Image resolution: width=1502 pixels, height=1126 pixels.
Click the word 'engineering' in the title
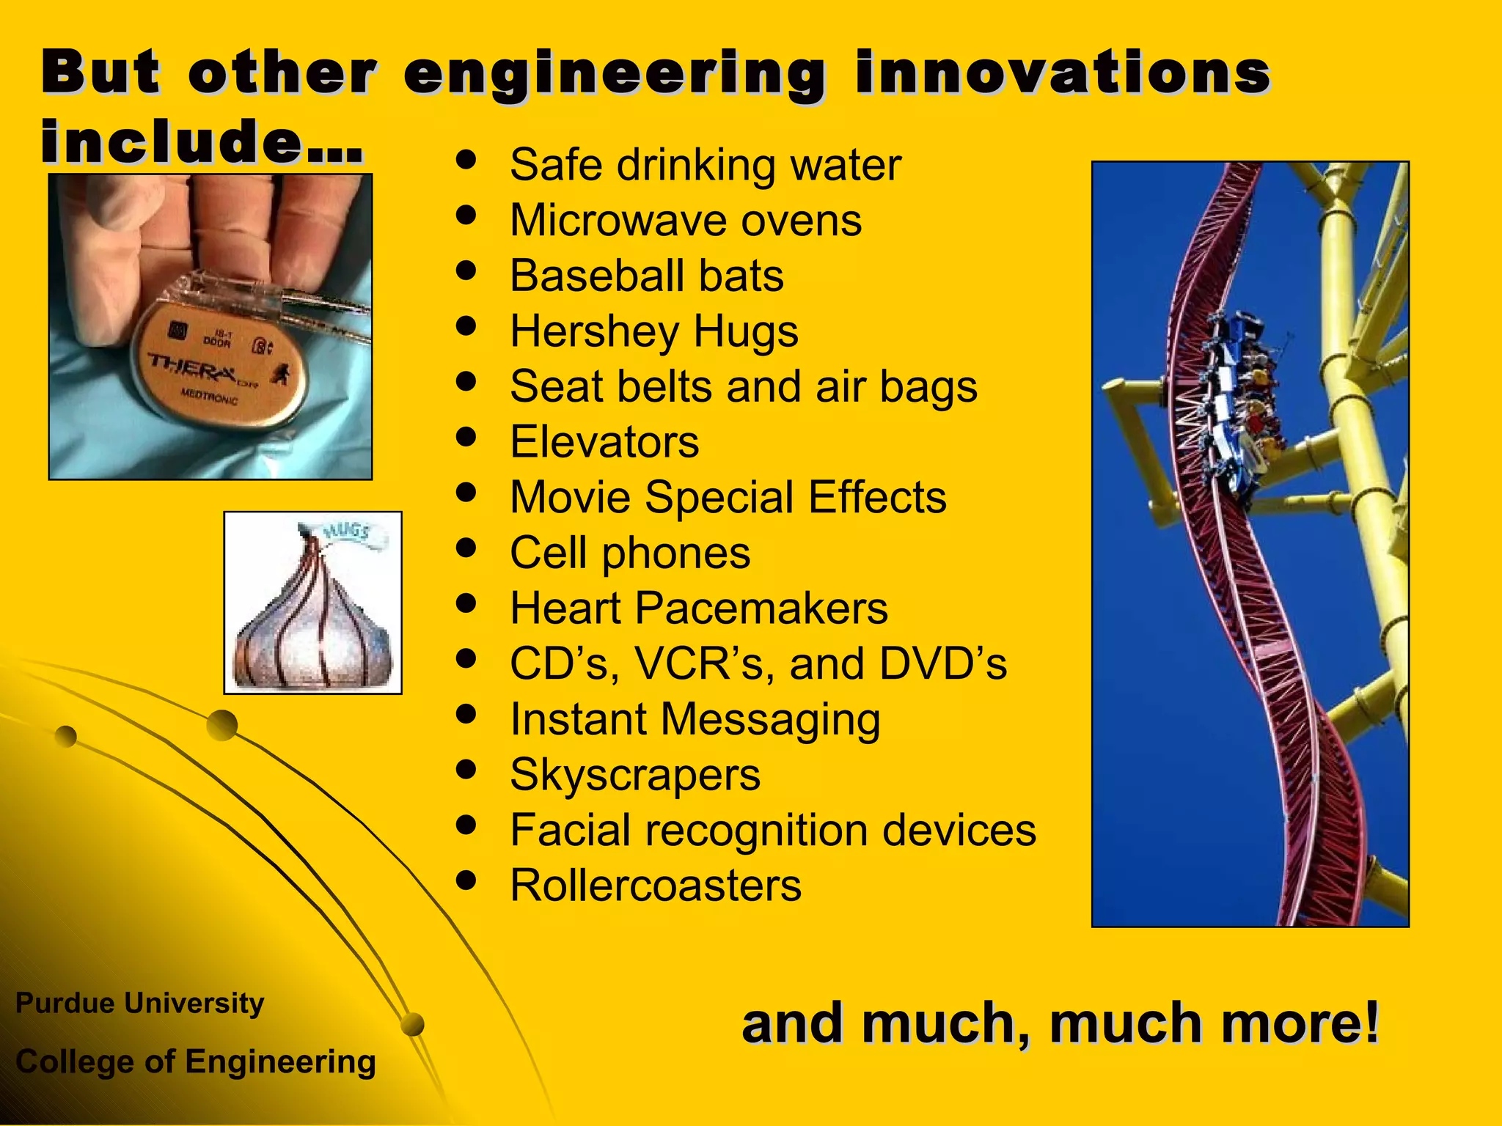tap(615, 75)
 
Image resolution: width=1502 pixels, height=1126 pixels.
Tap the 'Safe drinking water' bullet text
tap(705, 165)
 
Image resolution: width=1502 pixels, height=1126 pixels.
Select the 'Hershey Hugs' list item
tap(653, 331)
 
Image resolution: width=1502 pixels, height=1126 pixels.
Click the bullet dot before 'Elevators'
tap(466, 437)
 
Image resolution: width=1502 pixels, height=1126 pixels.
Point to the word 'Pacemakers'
tap(761, 608)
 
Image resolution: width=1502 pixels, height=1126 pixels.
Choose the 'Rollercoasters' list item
tap(655, 886)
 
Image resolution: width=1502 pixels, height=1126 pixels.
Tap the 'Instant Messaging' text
tap(695, 719)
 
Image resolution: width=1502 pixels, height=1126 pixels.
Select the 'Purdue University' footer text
tap(139, 1003)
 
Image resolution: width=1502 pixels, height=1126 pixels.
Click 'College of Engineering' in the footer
tap(195, 1061)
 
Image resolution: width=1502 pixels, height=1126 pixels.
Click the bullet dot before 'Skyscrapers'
tap(466, 770)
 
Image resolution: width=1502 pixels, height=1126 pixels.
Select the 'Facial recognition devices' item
tap(772, 831)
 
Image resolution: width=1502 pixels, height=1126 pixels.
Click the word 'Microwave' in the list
tap(618, 221)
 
